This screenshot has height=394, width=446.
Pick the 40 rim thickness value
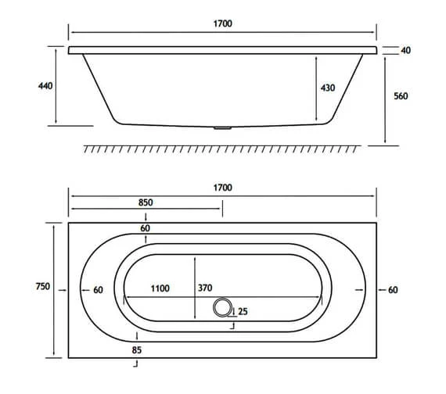click(405, 51)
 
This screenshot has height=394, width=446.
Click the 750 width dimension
click(43, 287)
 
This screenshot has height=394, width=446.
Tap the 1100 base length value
click(160, 288)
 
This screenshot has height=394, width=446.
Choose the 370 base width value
click(205, 288)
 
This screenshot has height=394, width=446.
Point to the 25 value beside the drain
click(243, 311)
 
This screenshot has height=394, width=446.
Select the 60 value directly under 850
click(146, 228)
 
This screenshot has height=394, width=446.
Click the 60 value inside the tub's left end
click(98, 290)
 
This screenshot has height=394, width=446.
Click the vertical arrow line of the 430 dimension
click(315, 88)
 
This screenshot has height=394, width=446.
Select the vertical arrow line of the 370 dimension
click(194, 288)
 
